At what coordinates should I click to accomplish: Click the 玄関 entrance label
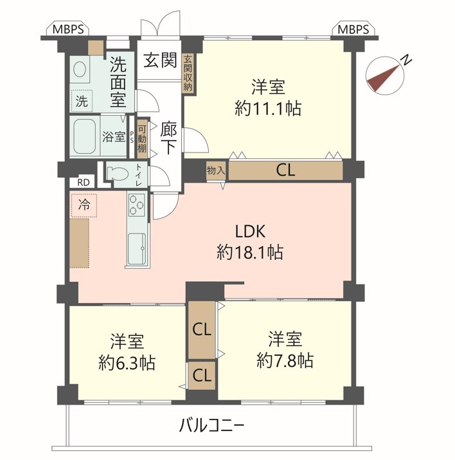point(160,60)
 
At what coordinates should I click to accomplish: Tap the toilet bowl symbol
point(118,173)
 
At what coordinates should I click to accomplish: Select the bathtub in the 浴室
point(84,136)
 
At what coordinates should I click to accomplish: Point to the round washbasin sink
point(80,70)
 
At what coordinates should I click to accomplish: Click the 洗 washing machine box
point(82,101)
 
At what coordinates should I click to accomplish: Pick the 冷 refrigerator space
point(84,205)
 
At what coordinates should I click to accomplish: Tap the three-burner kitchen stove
point(136,205)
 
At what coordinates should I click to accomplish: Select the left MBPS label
point(68,30)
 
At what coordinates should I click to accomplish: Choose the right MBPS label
point(353,30)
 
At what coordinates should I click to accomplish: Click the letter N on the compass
point(406,60)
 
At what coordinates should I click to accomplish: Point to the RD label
point(83,183)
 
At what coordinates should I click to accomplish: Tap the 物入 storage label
point(216,170)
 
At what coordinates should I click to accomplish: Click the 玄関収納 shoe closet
point(188,73)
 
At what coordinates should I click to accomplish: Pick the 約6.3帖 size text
point(127,363)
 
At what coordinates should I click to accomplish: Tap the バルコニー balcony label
point(211,425)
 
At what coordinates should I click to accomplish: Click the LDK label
point(250,231)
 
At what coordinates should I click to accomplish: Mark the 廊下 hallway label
point(168,139)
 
